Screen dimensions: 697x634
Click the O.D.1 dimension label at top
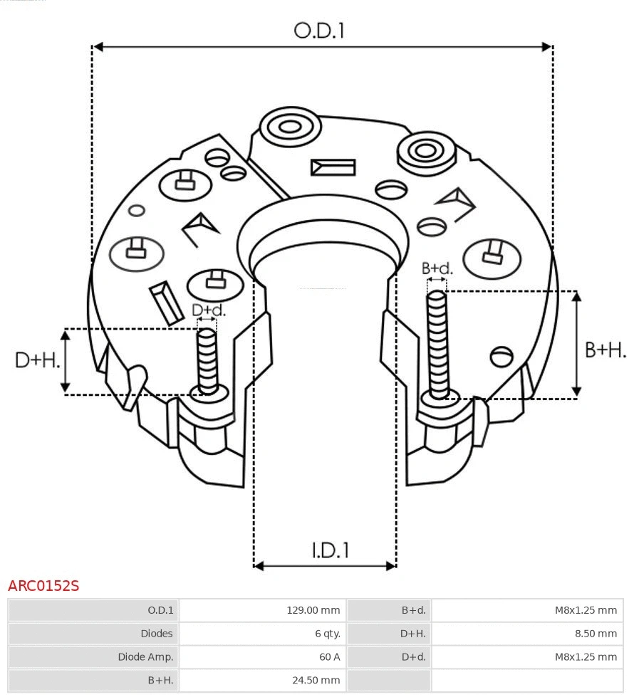(x=319, y=31)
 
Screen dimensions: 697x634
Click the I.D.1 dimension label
(x=330, y=550)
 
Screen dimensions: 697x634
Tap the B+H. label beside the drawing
(x=605, y=350)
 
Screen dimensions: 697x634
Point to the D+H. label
(x=36, y=360)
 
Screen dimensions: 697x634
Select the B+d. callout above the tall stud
(x=437, y=268)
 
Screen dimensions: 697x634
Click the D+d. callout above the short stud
(x=208, y=310)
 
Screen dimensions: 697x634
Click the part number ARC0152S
(x=43, y=586)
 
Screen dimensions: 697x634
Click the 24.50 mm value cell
(x=316, y=680)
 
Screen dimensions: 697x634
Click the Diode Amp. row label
(x=145, y=656)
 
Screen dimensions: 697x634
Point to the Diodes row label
(x=156, y=633)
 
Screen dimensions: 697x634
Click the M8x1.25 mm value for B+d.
(x=586, y=610)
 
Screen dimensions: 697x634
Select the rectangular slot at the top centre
(x=333, y=167)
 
